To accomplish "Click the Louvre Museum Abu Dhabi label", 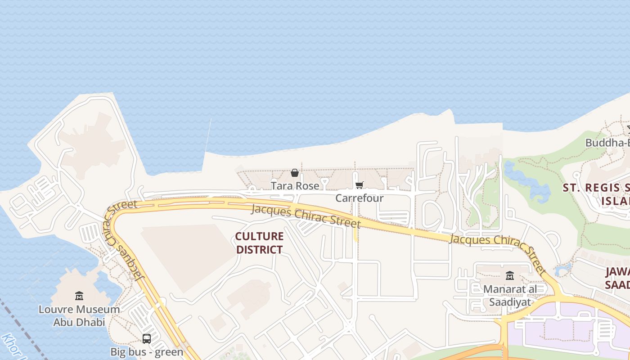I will click(79, 315).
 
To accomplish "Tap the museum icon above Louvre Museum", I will click(79, 296).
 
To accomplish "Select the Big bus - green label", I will click(147, 351).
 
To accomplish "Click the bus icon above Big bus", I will click(147, 338).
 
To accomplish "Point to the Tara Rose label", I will click(295, 185).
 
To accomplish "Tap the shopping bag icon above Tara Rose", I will click(295, 173).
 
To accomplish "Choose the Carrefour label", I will click(360, 198).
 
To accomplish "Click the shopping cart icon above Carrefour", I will click(359, 185).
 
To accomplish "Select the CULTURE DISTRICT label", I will click(260, 243).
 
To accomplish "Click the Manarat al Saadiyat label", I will click(510, 295).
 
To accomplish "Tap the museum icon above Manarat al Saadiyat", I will click(510, 275).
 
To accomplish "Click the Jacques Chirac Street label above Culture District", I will click(306, 216).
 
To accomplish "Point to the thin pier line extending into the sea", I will click(208, 137).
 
